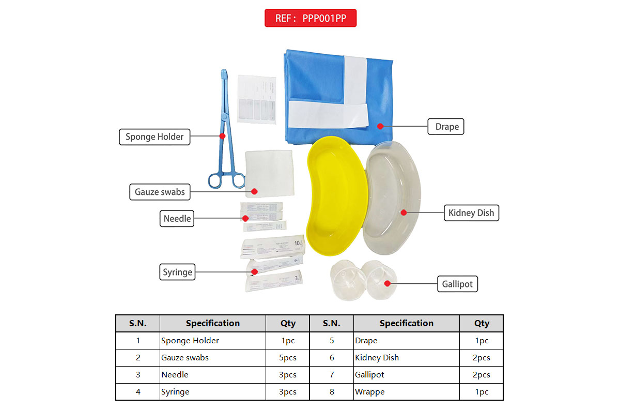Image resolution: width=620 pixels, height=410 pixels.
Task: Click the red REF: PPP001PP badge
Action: pyautogui.click(x=311, y=18)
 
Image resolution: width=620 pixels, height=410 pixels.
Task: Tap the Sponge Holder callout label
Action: pyautogui.click(x=154, y=137)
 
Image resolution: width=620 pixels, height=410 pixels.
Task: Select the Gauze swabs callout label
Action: pyautogui.click(x=160, y=192)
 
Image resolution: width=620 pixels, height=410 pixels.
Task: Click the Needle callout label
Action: pyautogui.click(x=177, y=219)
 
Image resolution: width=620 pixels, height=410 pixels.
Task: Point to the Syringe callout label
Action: pyautogui.click(x=177, y=272)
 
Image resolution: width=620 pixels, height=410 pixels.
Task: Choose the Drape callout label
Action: pyautogui.click(x=446, y=127)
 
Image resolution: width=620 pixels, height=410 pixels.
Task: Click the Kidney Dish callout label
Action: pyautogui.click(x=471, y=212)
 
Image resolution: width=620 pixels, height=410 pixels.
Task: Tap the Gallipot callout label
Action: pyautogui.click(x=457, y=284)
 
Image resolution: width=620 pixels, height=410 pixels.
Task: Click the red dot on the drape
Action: pyautogui.click(x=380, y=126)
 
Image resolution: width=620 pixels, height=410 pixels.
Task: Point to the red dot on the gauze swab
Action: pyautogui.click(x=254, y=191)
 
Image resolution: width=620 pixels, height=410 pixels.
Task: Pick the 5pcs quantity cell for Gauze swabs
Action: pyautogui.click(x=288, y=358)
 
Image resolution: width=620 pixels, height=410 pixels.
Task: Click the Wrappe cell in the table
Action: pyautogui.click(x=370, y=392)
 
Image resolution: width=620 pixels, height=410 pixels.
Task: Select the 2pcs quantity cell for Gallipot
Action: pyautogui.click(x=481, y=375)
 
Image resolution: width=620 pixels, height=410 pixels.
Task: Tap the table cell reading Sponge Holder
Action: pyautogui.click(x=190, y=341)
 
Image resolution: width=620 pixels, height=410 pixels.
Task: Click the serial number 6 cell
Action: pyautogui.click(x=332, y=358)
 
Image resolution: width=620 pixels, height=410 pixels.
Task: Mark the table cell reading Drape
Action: pyautogui.click(x=366, y=341)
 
